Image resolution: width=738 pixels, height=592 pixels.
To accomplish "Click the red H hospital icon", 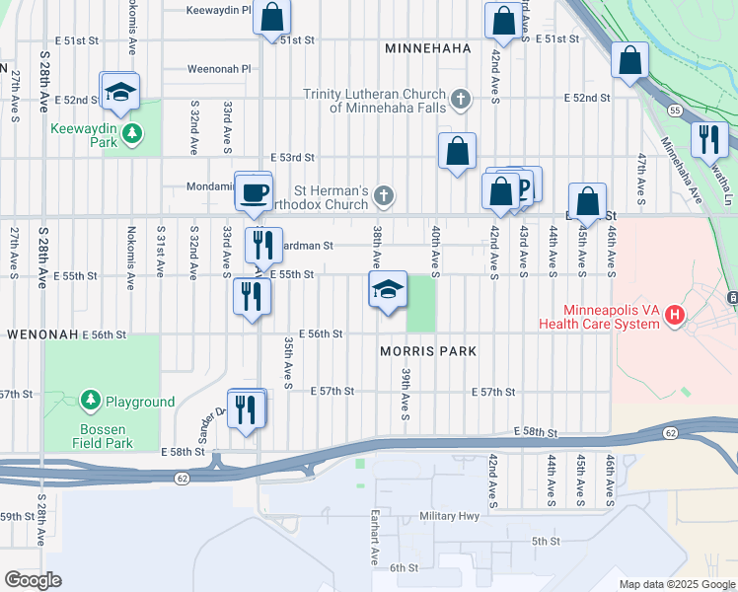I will (675, 316).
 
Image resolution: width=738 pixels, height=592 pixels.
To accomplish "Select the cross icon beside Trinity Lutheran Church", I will (460, 99).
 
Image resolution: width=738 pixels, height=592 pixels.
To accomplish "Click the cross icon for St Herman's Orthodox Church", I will (384, 197).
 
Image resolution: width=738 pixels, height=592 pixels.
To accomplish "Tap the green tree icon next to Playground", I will (91, 400).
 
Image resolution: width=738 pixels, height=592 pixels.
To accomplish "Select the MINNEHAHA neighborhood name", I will (427, 48).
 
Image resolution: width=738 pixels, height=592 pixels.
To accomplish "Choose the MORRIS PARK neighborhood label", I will (429, 351).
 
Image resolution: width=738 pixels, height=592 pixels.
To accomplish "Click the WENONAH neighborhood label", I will (37, 334).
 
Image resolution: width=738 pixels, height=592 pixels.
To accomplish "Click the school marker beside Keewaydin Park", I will (120, 91).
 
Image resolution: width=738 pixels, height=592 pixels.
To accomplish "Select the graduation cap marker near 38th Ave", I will (388, 289).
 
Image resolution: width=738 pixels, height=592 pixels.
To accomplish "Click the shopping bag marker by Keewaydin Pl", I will (272, 17).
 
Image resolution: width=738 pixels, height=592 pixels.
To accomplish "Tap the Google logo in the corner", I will (33, 580).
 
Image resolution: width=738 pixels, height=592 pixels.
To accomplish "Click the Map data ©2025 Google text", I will (676, 584).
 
